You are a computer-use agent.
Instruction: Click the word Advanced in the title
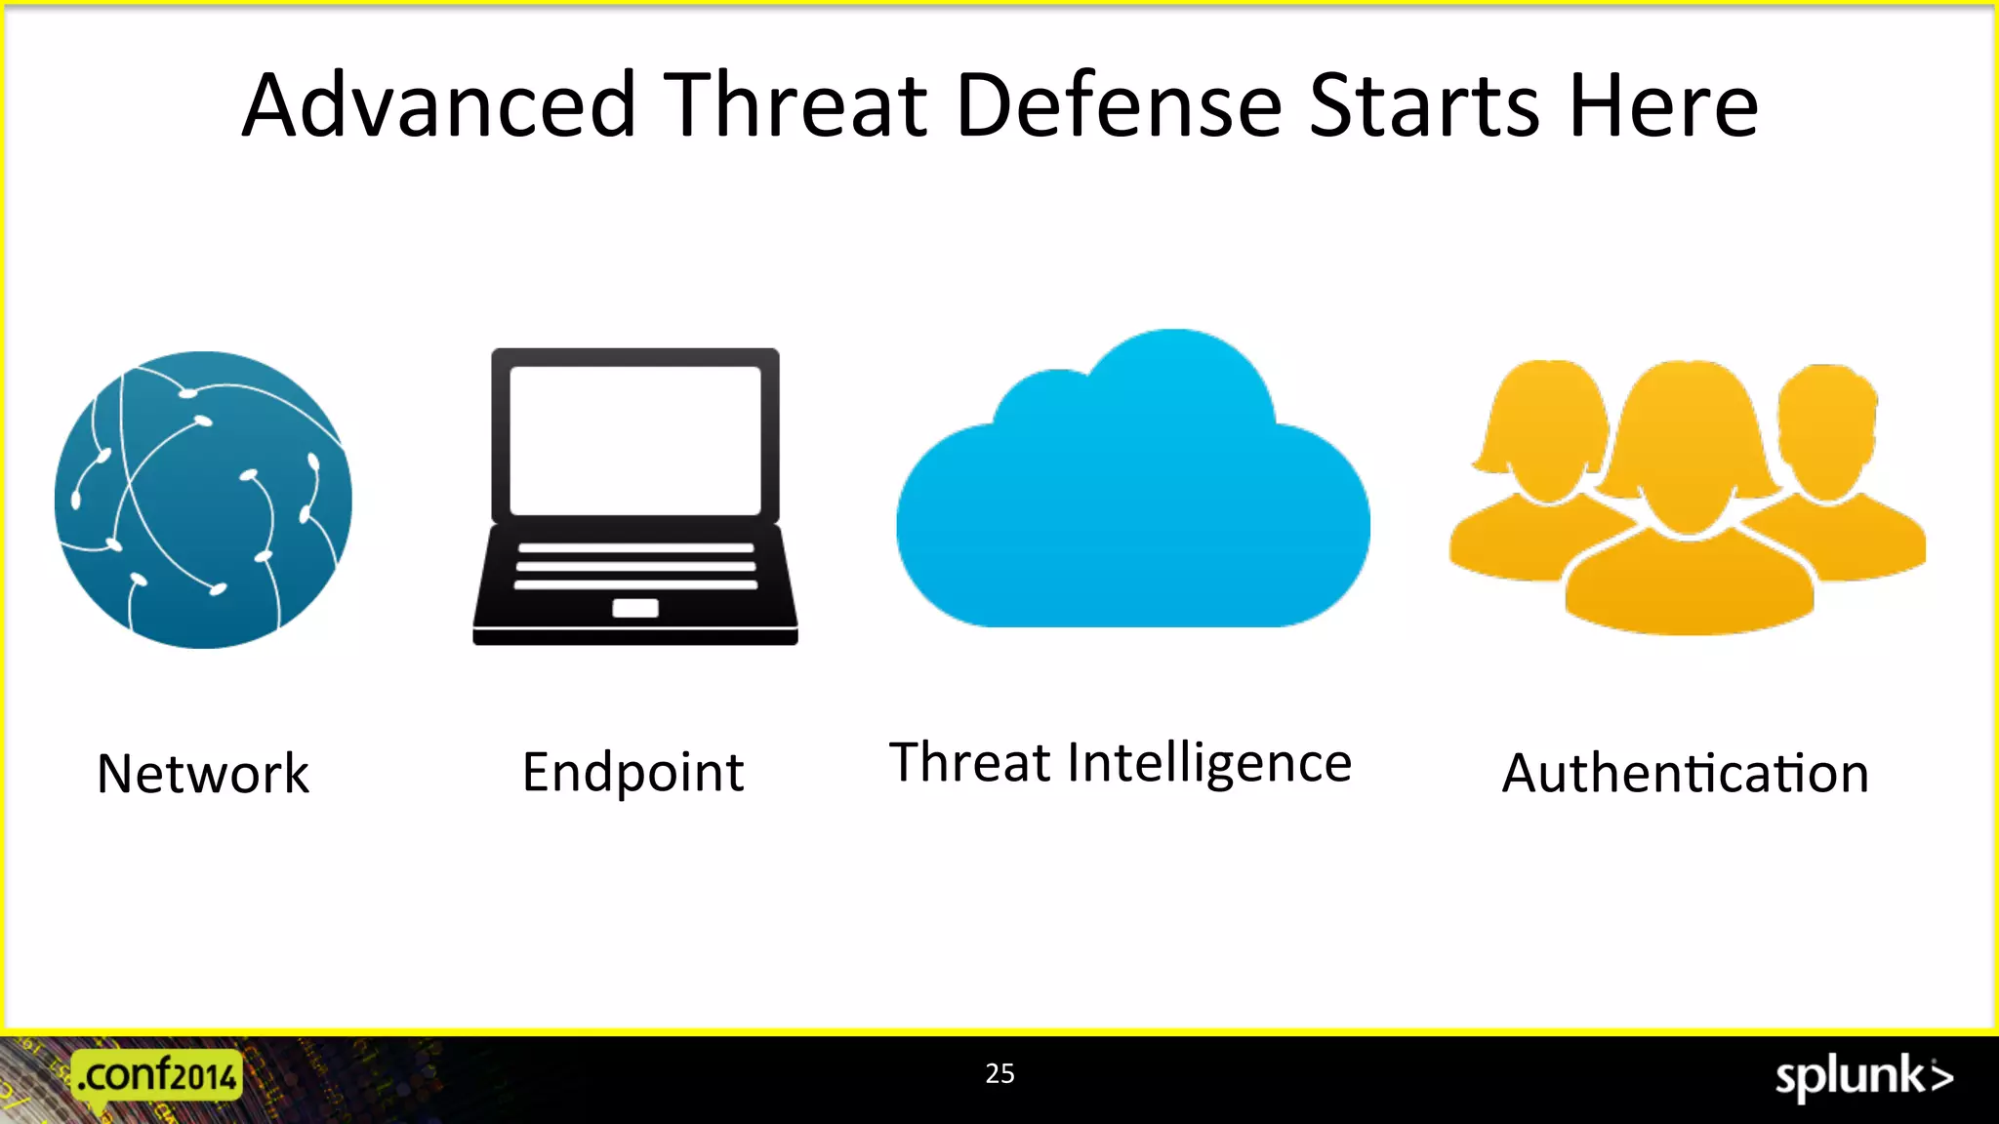[439, 105]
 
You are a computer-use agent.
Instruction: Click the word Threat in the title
[796, 105]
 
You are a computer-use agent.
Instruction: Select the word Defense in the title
[1119, 105]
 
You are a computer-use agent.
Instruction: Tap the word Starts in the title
[1424, 105]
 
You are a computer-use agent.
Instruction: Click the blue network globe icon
[203, 500]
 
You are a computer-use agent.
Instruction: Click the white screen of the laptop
[634, 439]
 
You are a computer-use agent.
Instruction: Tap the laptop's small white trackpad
[634, 609]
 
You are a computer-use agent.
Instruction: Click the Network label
[203, 774]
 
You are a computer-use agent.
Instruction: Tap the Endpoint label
[632, 772]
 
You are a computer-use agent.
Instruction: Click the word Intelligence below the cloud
[1209, 764]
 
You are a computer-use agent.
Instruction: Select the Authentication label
[1685, 774]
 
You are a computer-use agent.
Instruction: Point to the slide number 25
[999, 1073]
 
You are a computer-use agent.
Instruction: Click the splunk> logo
[1862, 1077]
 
